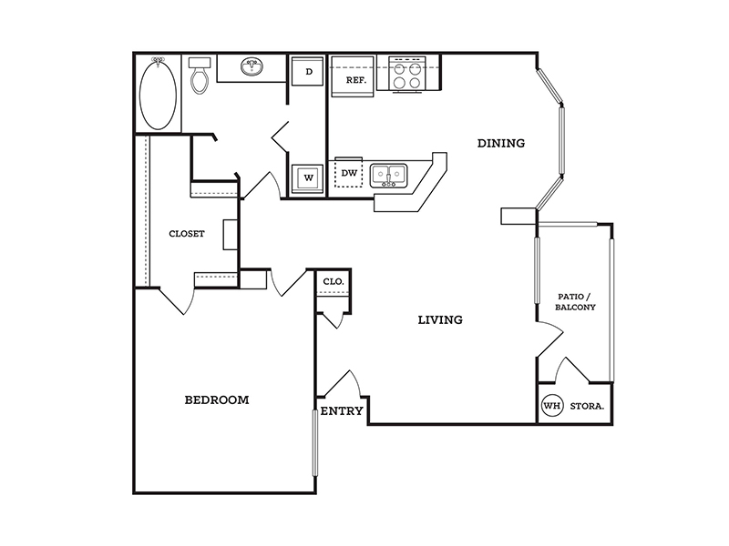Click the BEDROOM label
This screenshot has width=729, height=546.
(x=217, y=399)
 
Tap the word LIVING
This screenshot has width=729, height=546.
(x=440, y=320)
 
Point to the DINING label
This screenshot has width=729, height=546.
(x=501, y=143)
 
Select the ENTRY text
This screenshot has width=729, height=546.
(x=342, y=411)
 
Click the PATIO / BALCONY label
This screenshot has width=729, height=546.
(x=575, y=302)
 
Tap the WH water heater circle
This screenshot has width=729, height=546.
(x=552, y=406)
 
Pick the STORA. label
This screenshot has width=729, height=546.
(x=587, y=406)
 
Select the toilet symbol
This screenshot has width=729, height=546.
(x=200, y=76)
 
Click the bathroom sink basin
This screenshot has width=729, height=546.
(x=252, y=66)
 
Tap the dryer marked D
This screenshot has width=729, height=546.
(x=307, y=72)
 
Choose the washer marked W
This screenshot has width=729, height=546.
(x=307, y=179)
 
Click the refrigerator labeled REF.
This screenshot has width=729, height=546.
(x=353, y=76)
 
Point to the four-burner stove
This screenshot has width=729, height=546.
(x=401, y=75)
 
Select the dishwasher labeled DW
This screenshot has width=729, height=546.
(x=349, y=173)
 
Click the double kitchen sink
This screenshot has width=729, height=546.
(x=389, y=175)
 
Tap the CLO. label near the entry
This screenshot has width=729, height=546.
(x=334, y=281)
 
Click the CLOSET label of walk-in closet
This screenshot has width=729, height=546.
(x=187, y=234)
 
